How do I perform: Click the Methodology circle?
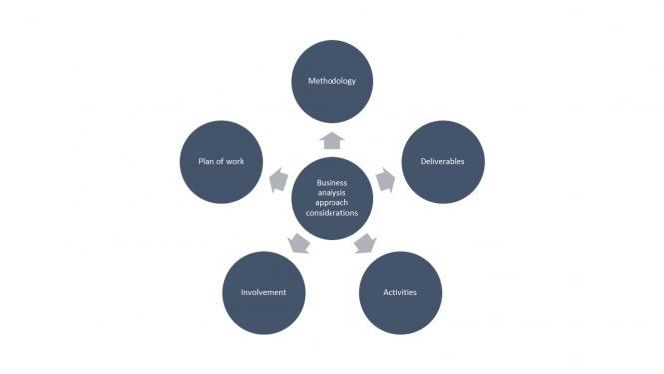tap(332, 81)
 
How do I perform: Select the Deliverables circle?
tap(442, 160)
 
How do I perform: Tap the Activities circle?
tap(400, 292)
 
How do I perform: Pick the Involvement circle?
tap(264, 292)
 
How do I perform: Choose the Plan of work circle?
tap(221, 160)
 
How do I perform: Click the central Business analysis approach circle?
tap(332, 198)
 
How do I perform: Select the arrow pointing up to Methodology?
tap(332, 140)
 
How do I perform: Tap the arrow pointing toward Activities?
tap(365, 243)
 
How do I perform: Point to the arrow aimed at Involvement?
tap(298, 243)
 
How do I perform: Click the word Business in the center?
tap(332, 183)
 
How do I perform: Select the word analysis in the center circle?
tap(332, 193)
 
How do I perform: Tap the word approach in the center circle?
tap(332, 203)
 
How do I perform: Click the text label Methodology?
tap(332, 81)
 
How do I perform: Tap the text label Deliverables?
tap(442, 160)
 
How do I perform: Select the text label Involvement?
tap(264, 292)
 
